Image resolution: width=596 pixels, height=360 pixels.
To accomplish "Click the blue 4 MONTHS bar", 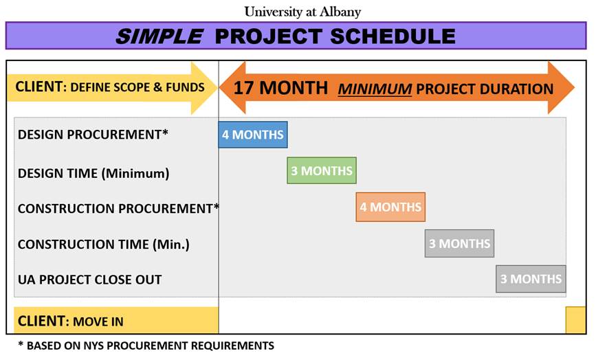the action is [253, 135].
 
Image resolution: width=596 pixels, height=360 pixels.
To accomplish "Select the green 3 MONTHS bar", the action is [322, 170].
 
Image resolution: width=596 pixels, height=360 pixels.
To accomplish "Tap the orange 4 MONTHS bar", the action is [390, 207].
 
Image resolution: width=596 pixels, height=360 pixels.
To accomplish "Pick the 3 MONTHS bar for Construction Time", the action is [459, 243].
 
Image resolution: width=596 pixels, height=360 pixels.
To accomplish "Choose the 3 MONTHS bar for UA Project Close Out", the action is [531, 279].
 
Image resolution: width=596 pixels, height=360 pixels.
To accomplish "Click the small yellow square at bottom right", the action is [576, 320].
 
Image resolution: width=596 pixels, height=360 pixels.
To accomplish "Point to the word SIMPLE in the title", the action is [159, 36].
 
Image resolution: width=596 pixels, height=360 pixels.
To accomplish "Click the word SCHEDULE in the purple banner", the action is [393, 36].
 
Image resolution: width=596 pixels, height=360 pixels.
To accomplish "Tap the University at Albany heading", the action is [302, 12].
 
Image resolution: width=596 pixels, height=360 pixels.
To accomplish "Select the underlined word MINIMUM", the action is [375, 89].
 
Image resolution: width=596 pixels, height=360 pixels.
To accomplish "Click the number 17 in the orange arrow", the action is [243, 88].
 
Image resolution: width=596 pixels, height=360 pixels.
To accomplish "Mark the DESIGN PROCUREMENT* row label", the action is [93, 135].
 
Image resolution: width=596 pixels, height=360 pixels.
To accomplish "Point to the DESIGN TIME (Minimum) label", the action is [93, 174].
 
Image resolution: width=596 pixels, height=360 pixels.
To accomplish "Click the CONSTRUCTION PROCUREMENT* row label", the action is [119, 208].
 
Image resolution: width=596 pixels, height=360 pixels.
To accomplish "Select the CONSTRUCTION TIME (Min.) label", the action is [103, 244].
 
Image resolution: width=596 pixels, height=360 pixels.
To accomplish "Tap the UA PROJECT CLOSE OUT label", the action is [89, 280].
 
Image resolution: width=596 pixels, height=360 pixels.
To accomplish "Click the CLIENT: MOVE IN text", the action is [71, 322].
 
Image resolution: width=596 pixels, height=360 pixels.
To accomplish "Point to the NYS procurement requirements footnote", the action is [146, 346].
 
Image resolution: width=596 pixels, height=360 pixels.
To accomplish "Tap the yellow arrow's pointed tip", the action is [217, 88].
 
